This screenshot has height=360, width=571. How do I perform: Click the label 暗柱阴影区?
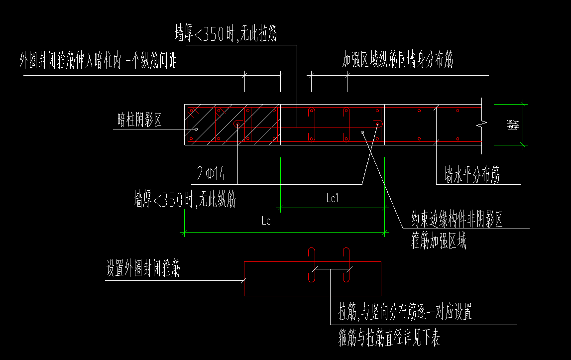click(x=139, y=120)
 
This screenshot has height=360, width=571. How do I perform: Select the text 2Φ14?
click(x=212, y=174)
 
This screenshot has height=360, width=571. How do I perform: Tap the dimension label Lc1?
click(x=332, y=198)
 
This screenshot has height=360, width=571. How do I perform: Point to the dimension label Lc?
click(x=266, y=221)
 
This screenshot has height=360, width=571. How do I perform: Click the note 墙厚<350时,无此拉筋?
click(x=226, y=34)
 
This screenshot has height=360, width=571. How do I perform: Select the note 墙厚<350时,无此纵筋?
click(x=184, y=200)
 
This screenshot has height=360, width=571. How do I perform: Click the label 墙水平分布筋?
click(x=472, y=175)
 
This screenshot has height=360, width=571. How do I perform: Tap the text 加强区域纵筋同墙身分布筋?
click(x=397, y=61)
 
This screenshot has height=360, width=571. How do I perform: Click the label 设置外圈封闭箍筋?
click(x=143, y=269)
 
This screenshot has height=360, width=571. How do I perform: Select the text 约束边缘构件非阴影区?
click(x=456, y=220)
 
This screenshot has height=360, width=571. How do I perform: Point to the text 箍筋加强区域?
click(x=439, y=242)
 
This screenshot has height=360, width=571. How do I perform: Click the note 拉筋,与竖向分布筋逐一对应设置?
click(x=405, y=312)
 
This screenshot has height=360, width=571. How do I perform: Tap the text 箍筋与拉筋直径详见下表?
click(x=389, y=339)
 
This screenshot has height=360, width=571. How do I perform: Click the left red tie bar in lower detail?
click(x=312, y=265)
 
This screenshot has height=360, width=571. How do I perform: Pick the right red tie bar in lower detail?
click(x=345, y=265)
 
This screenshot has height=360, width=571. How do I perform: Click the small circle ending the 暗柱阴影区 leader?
click(x=197, y=129)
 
